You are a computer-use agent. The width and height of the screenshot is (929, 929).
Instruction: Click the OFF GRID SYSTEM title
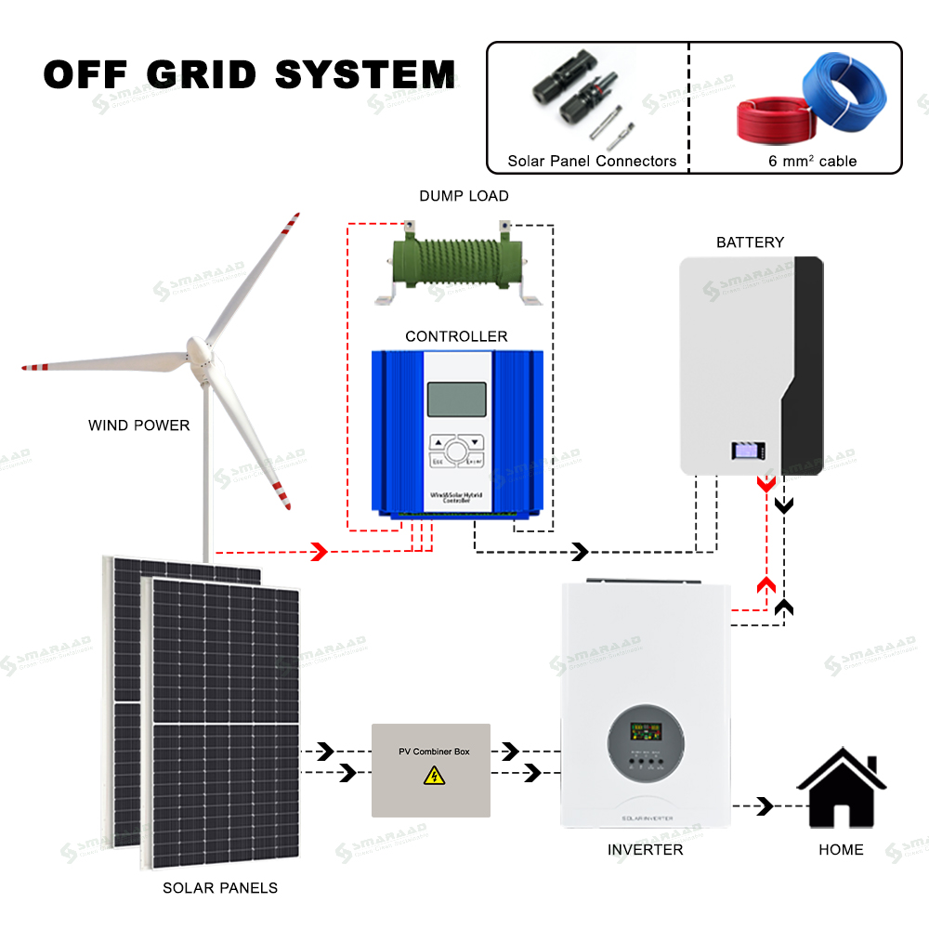tap(249, 74)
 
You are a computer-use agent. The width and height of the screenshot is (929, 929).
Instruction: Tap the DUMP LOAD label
tap(464, 196)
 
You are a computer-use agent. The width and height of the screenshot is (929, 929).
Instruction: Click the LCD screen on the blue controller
tap(456, 399)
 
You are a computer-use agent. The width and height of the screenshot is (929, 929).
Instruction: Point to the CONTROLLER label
tap(456, 336)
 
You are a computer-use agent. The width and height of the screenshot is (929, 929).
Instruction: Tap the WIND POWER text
tap(138, 425)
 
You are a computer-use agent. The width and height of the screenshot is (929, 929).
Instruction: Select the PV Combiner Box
tap(430, 770)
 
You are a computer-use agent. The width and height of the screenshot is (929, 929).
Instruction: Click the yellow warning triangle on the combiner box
tap(434, 775)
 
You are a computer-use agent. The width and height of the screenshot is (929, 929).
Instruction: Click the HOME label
tap(841, 849)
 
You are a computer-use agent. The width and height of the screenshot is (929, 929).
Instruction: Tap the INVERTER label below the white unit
tap(645, 849)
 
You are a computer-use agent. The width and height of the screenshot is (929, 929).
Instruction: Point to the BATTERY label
tap(750, 242)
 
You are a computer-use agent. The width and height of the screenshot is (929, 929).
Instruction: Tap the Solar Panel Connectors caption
tap(592, 161)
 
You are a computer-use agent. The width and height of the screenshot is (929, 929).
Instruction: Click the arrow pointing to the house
tap(765, 805)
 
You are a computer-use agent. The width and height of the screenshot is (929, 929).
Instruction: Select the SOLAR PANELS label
tap(220, 887)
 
